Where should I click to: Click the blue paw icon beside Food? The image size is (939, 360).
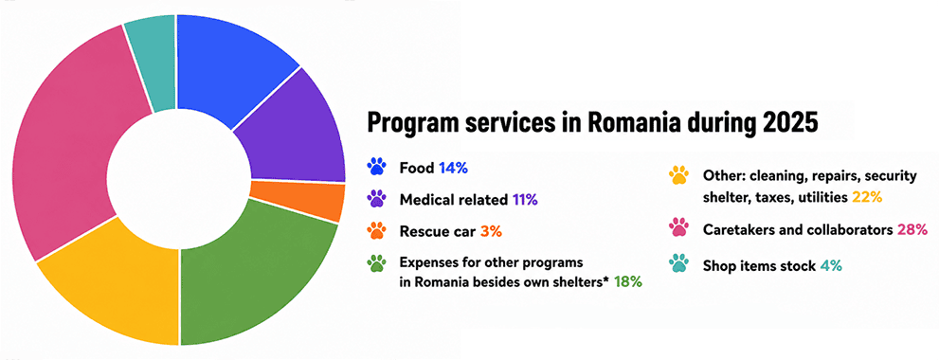pos(377,167)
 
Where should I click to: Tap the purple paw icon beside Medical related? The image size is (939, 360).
pos(377,200)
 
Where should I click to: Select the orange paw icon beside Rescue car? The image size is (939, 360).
pos(377,230)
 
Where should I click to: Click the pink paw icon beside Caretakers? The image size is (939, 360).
pos(678,229)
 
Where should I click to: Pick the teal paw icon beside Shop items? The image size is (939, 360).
pos(678,263)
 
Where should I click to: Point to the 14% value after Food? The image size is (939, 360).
pos(453,168)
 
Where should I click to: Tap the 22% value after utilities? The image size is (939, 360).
pos(867,197)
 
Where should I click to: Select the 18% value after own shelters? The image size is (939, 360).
pos(627,281)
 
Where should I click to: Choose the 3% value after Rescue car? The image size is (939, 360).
pos(491,231)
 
